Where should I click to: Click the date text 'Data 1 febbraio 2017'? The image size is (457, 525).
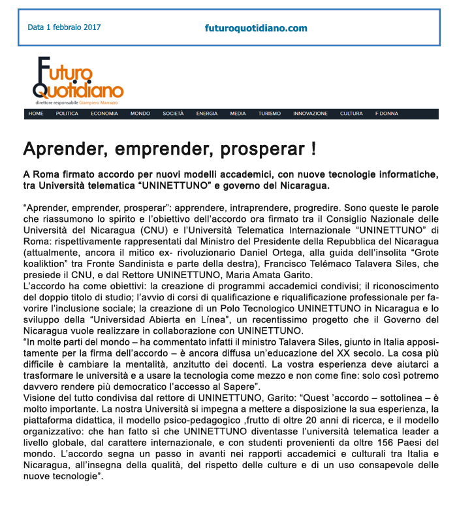[x=64, y=28]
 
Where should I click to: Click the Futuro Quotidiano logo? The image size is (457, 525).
[x=78, y=78]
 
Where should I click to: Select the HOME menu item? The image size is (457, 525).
[x=36, y=114]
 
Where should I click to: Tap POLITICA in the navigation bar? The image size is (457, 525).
[x=67, y=114]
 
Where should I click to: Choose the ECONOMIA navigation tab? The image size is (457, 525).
[x=104, y=114]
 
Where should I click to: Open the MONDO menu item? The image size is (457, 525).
[x=140, y=114]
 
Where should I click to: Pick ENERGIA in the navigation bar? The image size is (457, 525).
[x=207, y=114]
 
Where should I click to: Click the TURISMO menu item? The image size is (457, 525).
[x=269, y=114]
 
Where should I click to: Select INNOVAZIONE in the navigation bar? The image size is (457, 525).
[x=310, y=114]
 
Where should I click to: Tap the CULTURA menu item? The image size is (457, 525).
[x=351, y=114]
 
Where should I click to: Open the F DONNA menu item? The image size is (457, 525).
[x=386, y=114]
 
